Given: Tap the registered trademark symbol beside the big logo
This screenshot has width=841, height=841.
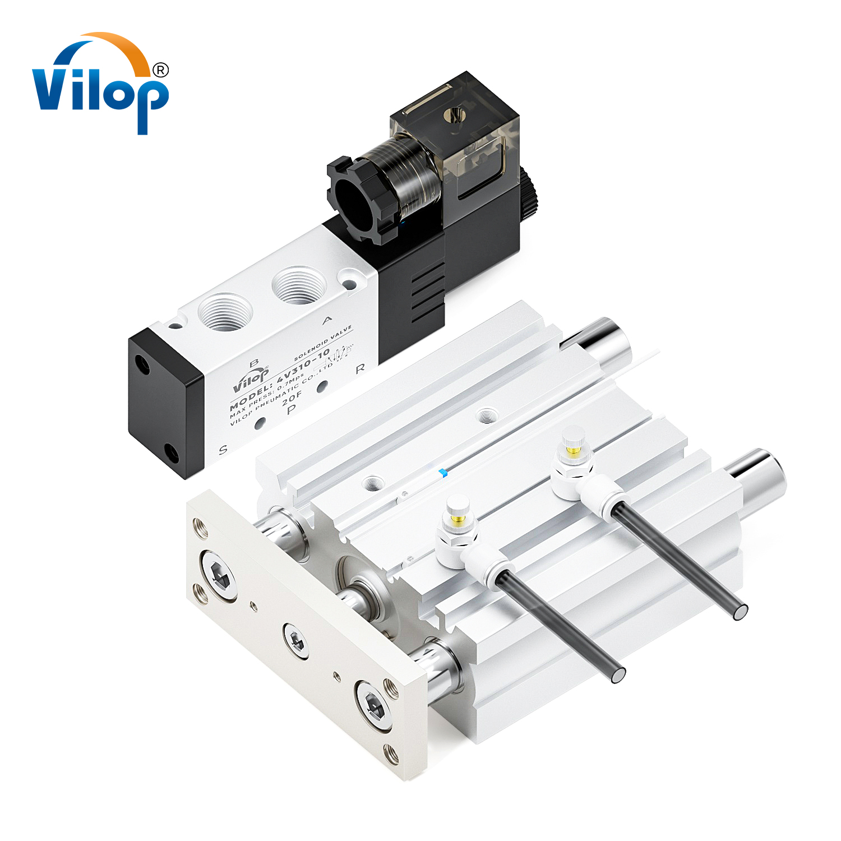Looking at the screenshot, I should tap(160, 70).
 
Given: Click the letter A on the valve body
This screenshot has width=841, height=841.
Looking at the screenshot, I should tap(327, 320).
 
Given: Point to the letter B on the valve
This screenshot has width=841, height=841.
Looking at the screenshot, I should tap(253, 363).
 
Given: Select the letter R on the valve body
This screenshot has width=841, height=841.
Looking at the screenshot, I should tap(360, 368).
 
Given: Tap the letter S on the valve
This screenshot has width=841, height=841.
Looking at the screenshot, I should tap(223, 449).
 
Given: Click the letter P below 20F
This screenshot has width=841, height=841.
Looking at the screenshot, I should tap(291, 410).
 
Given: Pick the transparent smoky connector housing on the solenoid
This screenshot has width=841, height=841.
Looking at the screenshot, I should tap(454, 140).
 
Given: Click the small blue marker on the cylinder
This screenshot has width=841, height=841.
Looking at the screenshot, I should tap(443, 473).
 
